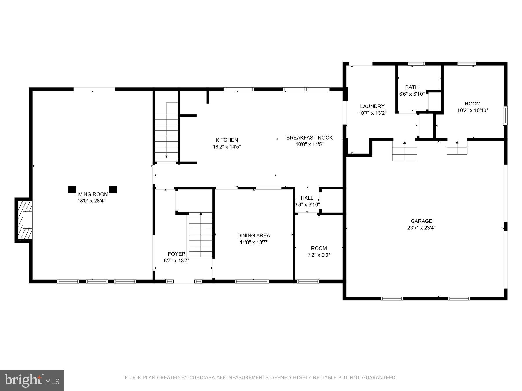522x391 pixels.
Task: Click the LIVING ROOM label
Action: [91, 194]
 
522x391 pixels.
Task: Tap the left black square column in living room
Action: [72, 189]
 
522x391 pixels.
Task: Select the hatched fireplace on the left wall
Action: [24, 220]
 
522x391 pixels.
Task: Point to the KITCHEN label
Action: [227, 140]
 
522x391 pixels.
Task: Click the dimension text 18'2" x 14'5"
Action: [227, 147]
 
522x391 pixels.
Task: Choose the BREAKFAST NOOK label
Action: [309, 138]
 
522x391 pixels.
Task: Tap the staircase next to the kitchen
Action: [166, 132]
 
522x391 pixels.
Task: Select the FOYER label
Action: [176, 254]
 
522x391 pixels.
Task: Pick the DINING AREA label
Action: [253, 236]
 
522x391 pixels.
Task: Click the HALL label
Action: [307, 198]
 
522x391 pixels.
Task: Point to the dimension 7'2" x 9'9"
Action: [319, 255]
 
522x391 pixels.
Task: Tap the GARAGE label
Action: [421, 221]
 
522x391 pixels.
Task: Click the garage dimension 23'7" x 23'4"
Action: [421, 228]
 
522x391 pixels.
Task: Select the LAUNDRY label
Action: [372, 106]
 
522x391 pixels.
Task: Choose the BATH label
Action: [412, 87]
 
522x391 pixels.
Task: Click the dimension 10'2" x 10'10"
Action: [472, 110]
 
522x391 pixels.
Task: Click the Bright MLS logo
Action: [32, 380]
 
